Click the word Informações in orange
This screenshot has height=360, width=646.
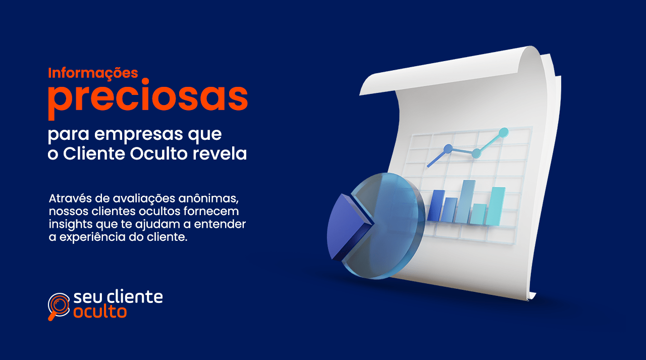[93, 73]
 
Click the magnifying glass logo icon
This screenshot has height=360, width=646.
[59, 305]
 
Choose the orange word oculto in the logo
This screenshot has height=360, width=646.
[100, 312]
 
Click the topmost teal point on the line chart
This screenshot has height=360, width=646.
[503, 132]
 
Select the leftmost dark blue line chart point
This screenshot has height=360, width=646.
[448, 148]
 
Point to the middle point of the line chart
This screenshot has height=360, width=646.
[475, 152]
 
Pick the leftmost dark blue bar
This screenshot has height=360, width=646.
[436, 205]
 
